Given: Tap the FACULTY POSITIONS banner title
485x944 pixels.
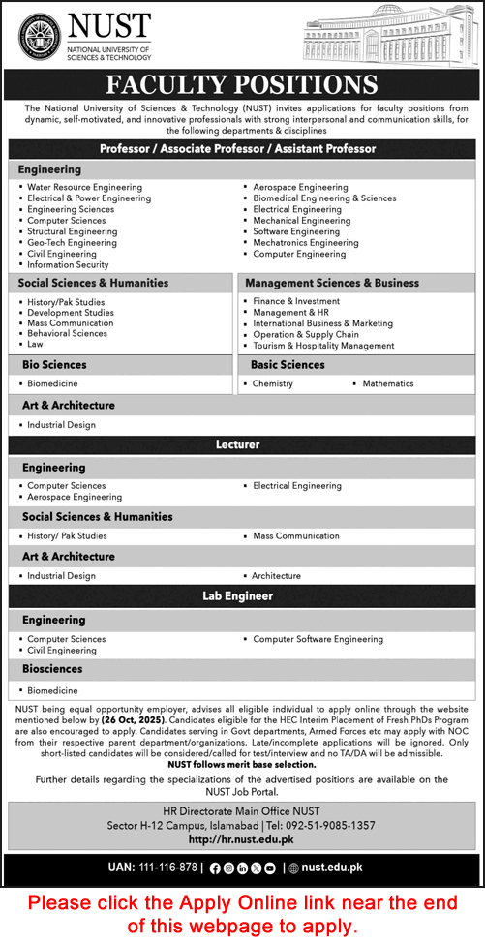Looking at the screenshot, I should coord(242,84).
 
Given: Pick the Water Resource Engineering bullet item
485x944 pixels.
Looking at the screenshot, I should coord(84,187).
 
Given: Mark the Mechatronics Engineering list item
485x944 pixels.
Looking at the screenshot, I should coord(305,243).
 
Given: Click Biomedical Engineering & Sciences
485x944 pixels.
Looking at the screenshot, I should coord(324,198).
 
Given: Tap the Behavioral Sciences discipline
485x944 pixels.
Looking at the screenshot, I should coord(67,333).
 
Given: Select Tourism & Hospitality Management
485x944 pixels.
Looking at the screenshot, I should coord(323,346).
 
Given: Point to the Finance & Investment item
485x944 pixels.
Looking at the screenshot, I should coord(296,301).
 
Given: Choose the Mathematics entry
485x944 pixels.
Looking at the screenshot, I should coord(387,383).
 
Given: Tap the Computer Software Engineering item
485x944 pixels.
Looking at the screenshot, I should coord(318,639).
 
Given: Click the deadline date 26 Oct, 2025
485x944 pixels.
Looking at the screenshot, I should coord(137,721).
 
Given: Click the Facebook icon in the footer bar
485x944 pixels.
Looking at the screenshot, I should coord(214,868).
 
